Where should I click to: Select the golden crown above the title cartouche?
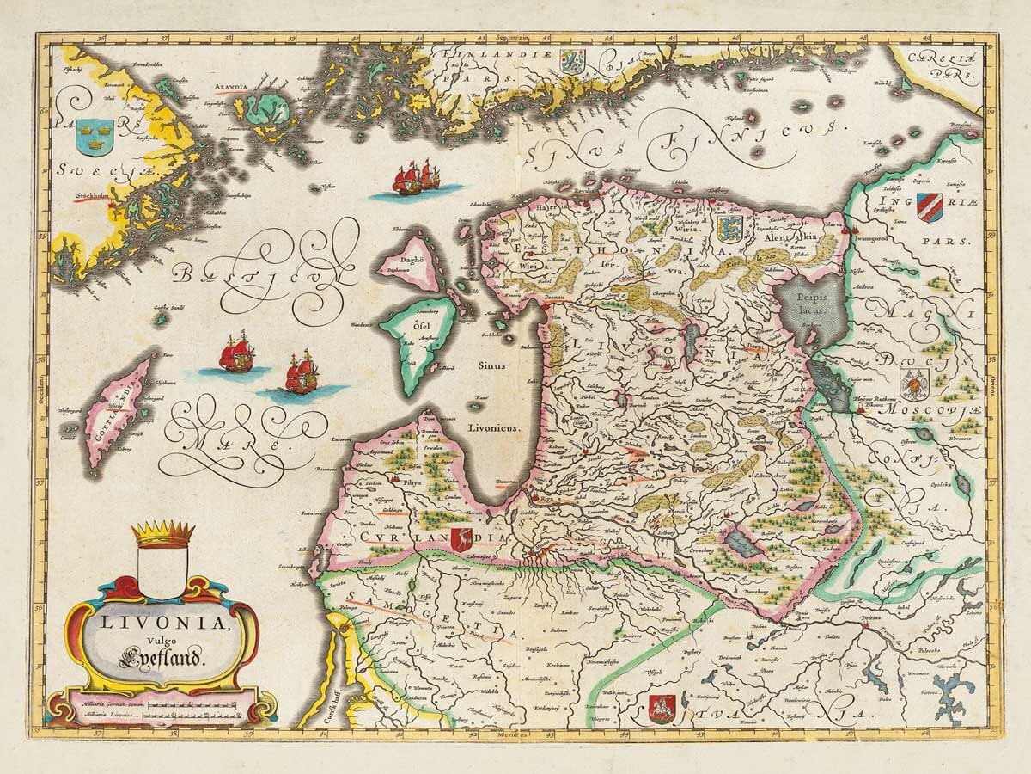(x=164, y=534)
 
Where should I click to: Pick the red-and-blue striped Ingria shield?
(x=930, y=207)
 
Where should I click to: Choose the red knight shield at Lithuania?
(x=661, y=707)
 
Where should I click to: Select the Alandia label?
(x=231, y=87)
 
